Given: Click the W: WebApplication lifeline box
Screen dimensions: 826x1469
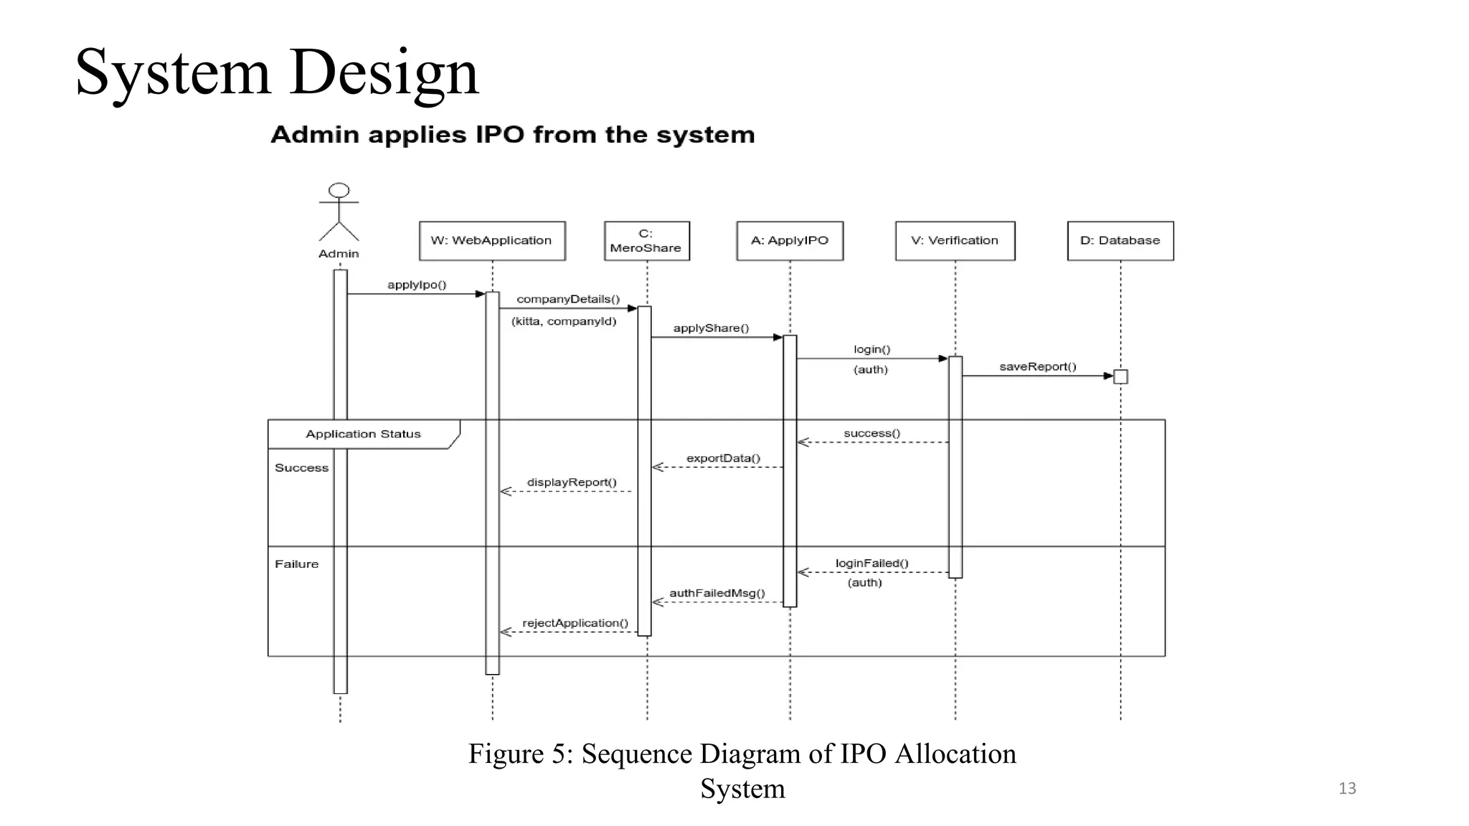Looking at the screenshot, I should coord(492,241).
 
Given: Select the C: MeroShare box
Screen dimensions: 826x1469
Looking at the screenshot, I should coord(646,241).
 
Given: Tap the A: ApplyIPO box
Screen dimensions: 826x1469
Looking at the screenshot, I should coord(790,241).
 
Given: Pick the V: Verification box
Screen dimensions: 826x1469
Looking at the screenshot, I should coord(955,241).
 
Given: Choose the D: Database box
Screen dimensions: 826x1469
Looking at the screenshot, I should coord(1120,241).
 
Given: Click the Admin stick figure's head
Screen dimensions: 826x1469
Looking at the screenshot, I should coord(339,191).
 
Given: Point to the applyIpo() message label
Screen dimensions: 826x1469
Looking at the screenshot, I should coord(417,285).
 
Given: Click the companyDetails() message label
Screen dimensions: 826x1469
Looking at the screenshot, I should coord(568,299).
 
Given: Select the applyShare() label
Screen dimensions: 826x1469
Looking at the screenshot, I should coord(711,328).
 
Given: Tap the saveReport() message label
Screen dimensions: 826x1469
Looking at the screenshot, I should coord(1037,367).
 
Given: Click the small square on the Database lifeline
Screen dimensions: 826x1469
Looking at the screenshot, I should coord(1120,376).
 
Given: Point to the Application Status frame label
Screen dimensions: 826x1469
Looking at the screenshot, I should coord(363,434).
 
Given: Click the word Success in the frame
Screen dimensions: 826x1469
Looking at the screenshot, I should coord(301,468).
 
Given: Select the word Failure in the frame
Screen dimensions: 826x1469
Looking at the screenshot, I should coord(296,564).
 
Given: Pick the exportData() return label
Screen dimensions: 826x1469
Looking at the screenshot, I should coord(723,458).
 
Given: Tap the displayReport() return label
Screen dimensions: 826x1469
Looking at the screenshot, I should coord(572,483).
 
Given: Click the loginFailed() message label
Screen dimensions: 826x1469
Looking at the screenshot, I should coord(872,564).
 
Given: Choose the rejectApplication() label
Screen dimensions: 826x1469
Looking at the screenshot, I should coord(575,623).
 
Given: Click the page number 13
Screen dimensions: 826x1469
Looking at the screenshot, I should coord(1347,789).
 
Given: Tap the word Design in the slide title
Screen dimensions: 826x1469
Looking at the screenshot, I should coord(384,73).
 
